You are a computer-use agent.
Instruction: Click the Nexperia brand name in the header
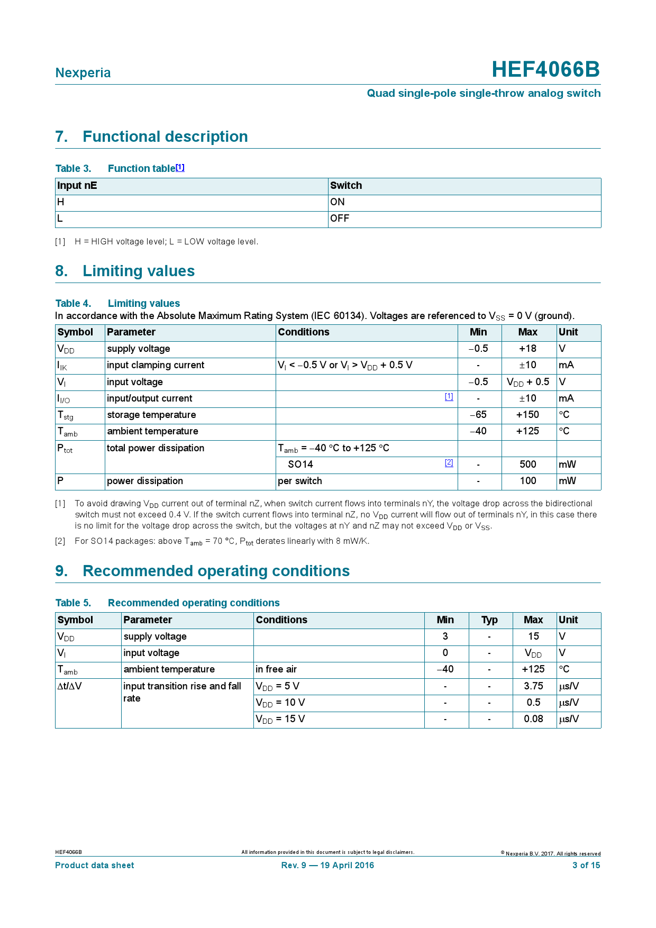point(83,73)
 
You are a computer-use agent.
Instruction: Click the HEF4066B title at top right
point(545,70)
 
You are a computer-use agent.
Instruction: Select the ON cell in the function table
point(338,202)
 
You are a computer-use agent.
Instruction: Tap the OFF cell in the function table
point(340,219)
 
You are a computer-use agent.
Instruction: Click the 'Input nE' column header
point(77,186)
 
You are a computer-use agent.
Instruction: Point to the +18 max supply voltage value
point(527,349)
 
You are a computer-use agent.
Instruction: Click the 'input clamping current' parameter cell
point(156,365)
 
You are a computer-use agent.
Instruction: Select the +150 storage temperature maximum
point(527,415)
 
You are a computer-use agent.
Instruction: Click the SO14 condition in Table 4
point(300,465)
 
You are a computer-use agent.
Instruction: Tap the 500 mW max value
point(527,465)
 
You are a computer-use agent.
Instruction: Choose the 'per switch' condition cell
point(300,481)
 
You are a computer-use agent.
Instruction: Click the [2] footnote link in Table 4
point(449,462)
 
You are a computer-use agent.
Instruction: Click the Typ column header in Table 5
point(489,620)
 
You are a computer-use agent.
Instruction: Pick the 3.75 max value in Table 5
point(533,686)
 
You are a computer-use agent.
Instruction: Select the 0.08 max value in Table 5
point(533,719)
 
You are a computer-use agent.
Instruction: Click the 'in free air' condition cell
point(276,669)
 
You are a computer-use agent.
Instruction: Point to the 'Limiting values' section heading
point(139,271)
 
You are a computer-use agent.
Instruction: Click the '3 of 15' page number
point(586,866)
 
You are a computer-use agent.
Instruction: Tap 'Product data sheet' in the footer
point(95,866)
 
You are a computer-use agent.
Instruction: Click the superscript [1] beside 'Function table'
point(180,167)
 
